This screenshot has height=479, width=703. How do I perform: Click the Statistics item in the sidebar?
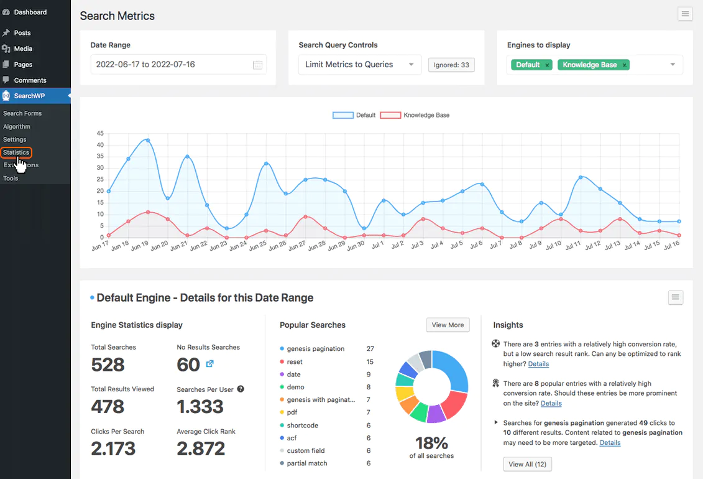16,152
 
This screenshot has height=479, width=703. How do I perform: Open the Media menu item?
23,49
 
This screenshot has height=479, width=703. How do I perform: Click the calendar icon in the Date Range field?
257,65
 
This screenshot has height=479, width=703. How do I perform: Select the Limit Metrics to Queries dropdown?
359,65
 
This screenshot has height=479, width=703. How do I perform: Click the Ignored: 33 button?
451,65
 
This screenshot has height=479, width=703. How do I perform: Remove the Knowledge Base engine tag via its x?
624,65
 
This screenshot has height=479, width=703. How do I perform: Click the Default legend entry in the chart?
354,115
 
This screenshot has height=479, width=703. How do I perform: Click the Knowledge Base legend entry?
415,115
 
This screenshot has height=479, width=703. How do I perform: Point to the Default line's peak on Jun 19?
148,141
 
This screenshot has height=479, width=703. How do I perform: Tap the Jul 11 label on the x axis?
572,246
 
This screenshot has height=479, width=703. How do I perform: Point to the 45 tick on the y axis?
100,133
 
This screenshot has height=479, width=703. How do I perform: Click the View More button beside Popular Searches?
448,325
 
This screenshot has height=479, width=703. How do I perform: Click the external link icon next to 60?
209,364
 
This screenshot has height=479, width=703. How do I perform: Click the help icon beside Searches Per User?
241,389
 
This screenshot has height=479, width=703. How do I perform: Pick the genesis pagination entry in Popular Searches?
316,348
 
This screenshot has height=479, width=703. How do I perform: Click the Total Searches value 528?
108,365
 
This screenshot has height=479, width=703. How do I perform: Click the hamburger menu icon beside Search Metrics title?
685,14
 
